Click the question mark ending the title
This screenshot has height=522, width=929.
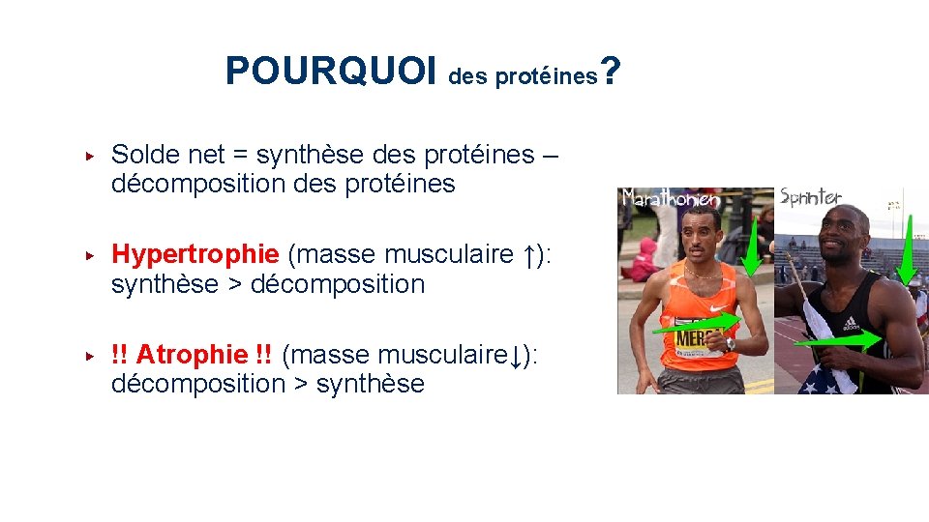[x=611, y=70]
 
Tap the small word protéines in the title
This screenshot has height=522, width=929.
[x=547, y=77]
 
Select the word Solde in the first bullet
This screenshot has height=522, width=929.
[x=141, y=154]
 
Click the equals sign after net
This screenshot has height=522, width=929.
[x=239, y=155]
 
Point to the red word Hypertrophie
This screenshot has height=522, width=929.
[x=195, y=254]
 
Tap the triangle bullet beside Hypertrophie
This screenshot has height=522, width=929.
[x=88, y=255]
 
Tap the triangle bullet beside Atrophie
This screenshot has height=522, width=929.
[x=88, y=355]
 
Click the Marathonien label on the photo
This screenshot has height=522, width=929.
[x=671, y=198]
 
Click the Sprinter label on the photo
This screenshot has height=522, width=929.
[x=810, y=197]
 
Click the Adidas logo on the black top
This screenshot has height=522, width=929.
[x=852, y=323]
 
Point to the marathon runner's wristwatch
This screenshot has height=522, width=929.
[x=731, y=344]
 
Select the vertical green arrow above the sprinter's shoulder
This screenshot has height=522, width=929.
[x=909, y=246]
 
